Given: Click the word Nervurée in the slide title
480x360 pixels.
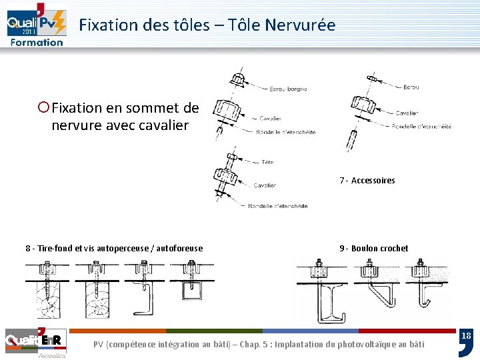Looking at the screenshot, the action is coord(300,25).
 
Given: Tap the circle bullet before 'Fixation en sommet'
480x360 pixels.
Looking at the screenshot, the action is coord(44,107).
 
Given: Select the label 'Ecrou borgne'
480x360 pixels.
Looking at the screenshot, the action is coord(288,88).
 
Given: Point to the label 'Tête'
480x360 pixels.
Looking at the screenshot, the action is coord(267,162).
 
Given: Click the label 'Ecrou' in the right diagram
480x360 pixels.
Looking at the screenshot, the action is coord(411,87).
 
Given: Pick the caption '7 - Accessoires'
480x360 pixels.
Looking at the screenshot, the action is coord(367,181).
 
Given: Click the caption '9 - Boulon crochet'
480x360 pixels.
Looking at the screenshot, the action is coord(373,249).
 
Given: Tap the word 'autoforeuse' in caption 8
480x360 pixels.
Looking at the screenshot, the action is coord(180,249).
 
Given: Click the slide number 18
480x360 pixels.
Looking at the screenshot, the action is coord(467,336).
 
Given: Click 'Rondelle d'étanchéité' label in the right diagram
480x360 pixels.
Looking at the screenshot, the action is coord(421,127).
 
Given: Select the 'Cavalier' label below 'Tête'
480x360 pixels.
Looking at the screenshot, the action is coord(265,185).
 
